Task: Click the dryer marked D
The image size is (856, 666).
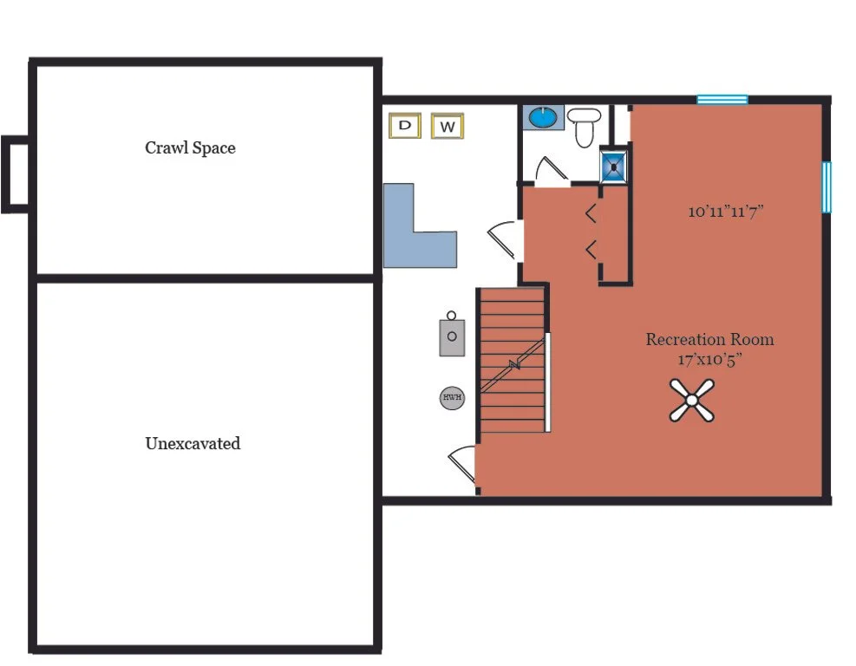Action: click(x=404, y=126)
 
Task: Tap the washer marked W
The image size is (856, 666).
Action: click(x=448, y=126)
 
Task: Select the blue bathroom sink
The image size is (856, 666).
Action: click(x=543, y=117)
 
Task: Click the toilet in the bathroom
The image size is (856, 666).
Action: click(x=585, y=127)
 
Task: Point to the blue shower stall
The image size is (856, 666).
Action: click(x=614, y=166)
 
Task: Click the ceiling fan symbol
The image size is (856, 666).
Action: click(x=692, y=401)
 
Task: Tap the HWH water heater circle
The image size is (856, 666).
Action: click(x=452, y=397)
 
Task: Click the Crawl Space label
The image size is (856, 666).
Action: click(x=190, y=148)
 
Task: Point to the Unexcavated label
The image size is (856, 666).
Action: click(x=193, y=443)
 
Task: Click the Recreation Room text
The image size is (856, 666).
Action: click(x=709, y=340)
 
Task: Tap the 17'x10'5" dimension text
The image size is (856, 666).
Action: click(x=709, y=360)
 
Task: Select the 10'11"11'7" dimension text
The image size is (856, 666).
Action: click(x=726, y=212)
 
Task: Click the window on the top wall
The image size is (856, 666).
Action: click(x=722, y=100)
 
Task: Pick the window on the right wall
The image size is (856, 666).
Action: click(x=827, y=186)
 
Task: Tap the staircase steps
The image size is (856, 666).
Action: click(x=512, y=360)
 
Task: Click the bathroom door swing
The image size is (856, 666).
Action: click(x=552, y=170)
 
